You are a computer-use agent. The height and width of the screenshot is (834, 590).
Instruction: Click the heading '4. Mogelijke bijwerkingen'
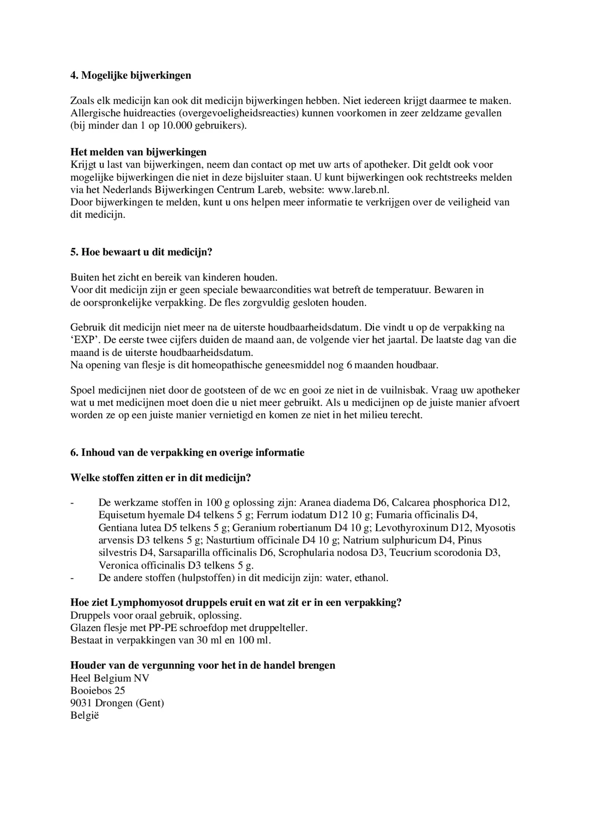coord(131,75)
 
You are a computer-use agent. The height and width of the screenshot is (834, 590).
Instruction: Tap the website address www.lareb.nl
coord(359,190)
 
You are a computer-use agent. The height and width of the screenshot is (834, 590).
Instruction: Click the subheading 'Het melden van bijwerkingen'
coord(138,152)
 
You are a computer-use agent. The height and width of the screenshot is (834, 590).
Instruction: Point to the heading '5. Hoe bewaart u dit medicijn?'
coord(141,252)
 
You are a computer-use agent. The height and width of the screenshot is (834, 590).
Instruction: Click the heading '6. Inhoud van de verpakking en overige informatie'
coord(187,453)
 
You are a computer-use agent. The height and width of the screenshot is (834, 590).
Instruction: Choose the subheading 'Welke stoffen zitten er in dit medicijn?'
coord(161,478)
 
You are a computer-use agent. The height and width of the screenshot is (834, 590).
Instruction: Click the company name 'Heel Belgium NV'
coord(110,678)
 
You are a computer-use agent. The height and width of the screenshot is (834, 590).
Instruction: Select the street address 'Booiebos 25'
coord(98,690)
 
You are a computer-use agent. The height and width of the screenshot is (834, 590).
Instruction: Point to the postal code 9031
coord(80,703)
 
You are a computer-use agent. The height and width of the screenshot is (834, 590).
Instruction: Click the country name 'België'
coord(85,716)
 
